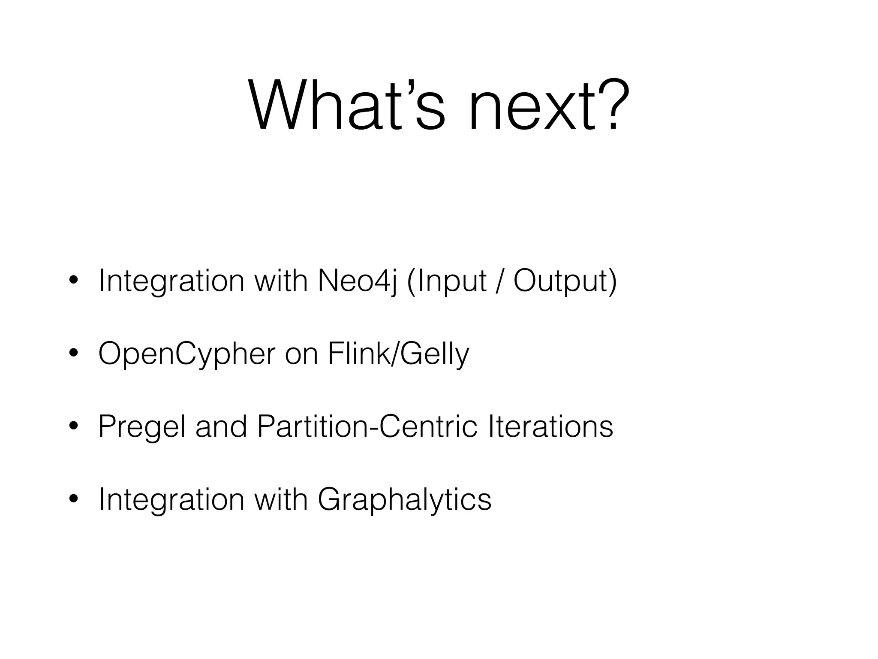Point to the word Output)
[x=565, y=281]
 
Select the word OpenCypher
[x=187, y=354]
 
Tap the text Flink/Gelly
[x=398, y=354]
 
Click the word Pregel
[x=142, y=427]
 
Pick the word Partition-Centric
[x=367, y=427]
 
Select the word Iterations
[x=550, y=427]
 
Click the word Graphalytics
[x=404, y=500]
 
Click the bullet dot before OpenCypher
[x=73, y=354]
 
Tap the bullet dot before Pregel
[x=73, y=426]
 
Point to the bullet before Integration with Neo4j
[x=73, y=281]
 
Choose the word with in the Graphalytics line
[x=281, y=500]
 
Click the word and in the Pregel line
[x=221, y=427]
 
